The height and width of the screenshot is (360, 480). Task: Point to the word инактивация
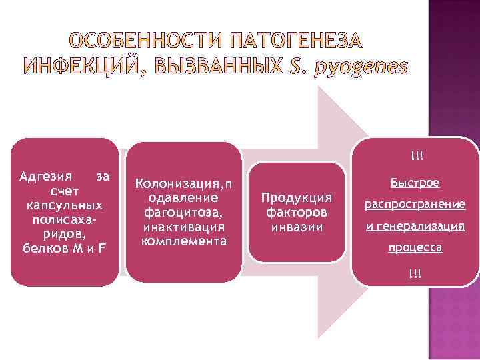[184, 227]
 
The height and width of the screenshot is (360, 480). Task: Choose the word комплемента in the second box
[184, 240]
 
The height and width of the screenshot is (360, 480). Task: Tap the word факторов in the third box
[296, 212]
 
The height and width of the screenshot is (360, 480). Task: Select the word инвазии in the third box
[296, 227]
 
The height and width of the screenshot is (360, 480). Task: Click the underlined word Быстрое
[415, 182]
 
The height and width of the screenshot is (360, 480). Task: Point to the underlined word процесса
[415, 248]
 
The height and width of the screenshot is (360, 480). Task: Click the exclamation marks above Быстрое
[416, 157]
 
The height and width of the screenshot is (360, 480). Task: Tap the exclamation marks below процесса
[416, 273]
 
